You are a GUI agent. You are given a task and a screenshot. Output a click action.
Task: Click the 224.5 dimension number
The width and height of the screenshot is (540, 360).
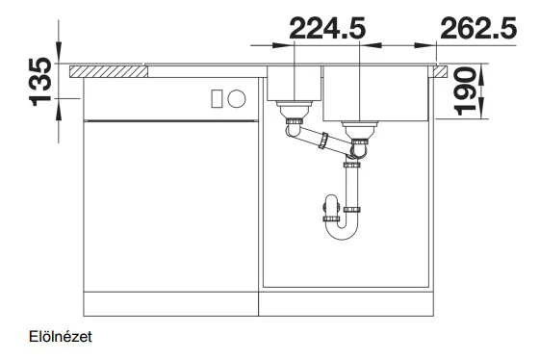327,28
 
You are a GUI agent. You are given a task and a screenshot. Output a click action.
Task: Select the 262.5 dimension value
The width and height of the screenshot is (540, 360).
478,28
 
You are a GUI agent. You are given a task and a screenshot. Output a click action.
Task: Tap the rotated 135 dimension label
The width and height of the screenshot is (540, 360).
41,82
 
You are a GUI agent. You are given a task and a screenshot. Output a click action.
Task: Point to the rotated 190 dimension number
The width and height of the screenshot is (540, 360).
464,90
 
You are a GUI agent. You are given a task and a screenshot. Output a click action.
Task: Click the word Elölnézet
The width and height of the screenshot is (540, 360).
61,337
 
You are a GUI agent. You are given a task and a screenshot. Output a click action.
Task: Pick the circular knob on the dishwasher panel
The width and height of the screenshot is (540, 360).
237,98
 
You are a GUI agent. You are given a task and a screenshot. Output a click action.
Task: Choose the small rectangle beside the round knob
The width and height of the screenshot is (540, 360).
217,98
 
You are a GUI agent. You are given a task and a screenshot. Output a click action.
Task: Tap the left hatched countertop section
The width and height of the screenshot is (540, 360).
109,71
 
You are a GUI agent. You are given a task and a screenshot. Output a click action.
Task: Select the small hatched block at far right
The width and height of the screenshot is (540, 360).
441,71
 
